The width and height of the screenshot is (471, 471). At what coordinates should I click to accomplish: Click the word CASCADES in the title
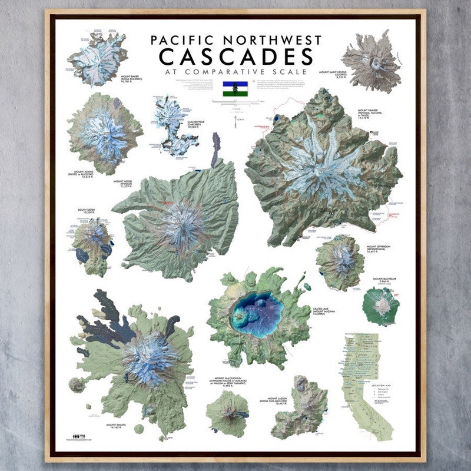pyautogui.click(x=236, y=57)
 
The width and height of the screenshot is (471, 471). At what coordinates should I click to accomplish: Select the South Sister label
pyautogui.click(x=86, y=210)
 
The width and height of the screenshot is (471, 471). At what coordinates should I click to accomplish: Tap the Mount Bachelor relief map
pyautogui.click(x=382, y=305)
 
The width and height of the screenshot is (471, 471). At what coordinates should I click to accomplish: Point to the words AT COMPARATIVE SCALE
pyautogui.click(x=236, y=72)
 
